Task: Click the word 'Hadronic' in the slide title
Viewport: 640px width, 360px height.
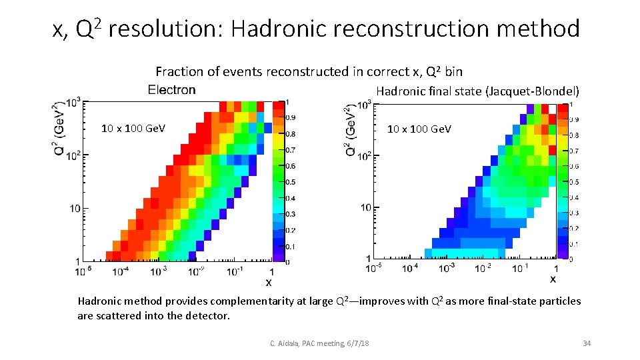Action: coord(279,29)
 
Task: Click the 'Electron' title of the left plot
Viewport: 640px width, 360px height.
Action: coord(171,90)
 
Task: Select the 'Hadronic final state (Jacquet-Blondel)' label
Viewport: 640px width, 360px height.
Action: coord(477,91)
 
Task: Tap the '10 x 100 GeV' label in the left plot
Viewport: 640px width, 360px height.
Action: coord(133,129)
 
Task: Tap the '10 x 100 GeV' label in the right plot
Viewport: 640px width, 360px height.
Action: coord(419,129)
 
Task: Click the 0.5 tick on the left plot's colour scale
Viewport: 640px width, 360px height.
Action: coord(290,182)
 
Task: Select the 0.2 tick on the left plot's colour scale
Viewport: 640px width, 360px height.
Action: coord(290,230)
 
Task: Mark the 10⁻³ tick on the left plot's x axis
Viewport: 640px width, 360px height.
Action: coord(158,271)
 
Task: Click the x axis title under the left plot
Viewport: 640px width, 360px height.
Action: coord(269,283)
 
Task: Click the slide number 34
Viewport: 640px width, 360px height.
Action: coord(587,343)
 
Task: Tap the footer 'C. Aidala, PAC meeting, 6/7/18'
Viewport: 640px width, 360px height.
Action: coord(319,343)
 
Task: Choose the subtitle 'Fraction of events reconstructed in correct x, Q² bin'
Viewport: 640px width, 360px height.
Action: coord(309,71)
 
